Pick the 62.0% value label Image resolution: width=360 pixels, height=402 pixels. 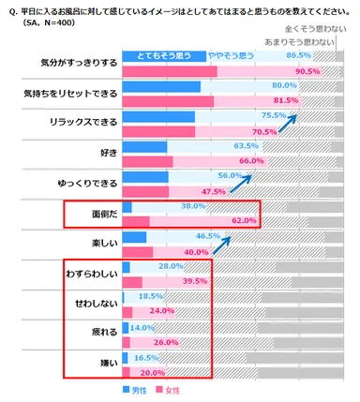[x=244, y=220]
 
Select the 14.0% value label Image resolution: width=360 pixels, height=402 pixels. [x=142, y=328]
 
